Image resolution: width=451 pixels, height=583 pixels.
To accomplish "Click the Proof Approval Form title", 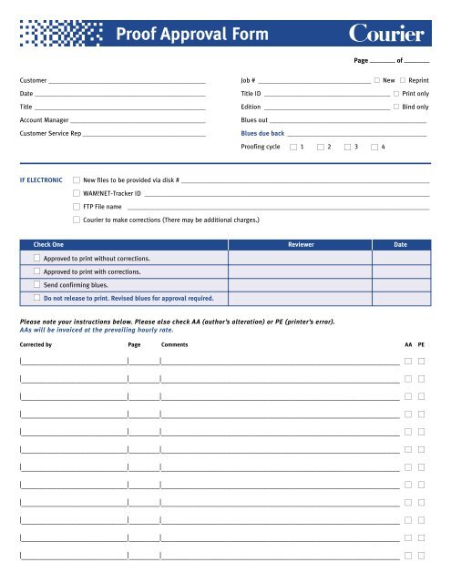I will (x=192, y=36).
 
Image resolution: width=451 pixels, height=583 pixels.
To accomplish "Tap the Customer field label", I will (x=34, y=81).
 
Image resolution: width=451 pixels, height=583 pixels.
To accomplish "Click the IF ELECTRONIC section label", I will (x=40, y=180).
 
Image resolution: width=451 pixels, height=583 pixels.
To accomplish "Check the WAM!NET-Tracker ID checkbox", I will (x=76, y=194).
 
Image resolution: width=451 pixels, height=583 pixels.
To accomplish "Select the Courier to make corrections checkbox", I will (x=76, y=220).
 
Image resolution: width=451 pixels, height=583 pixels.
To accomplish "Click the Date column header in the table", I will (x=400, y=245).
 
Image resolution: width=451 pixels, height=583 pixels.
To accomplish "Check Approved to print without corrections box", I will (x=36, y=259).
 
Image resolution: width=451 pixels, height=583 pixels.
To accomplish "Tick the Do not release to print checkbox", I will (x=36, y=298).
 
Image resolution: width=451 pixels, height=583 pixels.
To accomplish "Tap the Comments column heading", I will (x=174, y=346).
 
